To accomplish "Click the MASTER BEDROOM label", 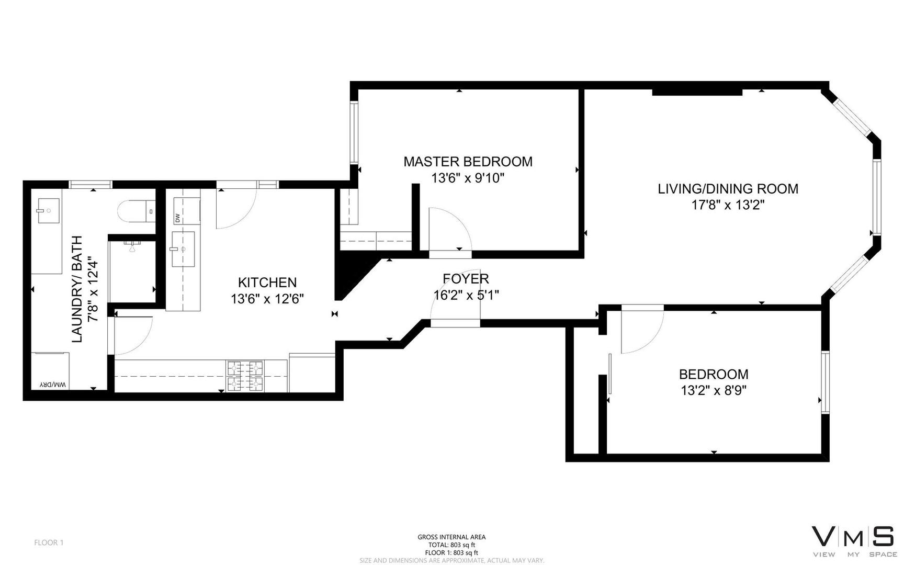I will pos(468,162).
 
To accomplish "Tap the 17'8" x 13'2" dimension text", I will pos(728,205).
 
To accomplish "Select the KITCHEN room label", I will pos(267,282).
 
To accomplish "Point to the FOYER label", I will pos(466,279).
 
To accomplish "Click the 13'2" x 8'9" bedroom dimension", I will pos(713,390).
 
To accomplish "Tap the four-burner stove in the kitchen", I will pos(245,376).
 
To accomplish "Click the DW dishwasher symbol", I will pos(178,217).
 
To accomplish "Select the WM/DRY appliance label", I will pos(53,385).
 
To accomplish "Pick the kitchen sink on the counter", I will pos(183,249).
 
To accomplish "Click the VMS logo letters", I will pos(853,537).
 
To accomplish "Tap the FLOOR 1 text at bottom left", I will pos(49,543).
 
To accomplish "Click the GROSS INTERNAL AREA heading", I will pos(451,537).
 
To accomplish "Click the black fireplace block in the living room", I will pos(697,93).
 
